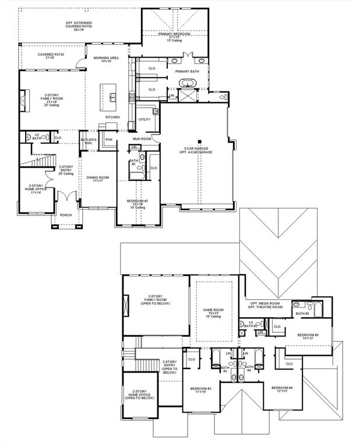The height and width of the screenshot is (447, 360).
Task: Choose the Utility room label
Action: (144, 119)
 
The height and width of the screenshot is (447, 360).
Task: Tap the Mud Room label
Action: (142, 139)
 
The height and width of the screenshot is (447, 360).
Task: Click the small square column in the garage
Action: (199, 141)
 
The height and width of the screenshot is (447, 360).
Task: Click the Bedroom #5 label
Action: (308, 335)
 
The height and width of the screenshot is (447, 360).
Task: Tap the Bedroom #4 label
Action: (282, 388)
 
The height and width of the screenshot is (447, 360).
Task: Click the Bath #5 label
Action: (302, 314)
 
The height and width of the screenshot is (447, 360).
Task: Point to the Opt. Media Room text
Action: (266, 303)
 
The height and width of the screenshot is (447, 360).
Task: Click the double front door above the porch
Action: (69, 197)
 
